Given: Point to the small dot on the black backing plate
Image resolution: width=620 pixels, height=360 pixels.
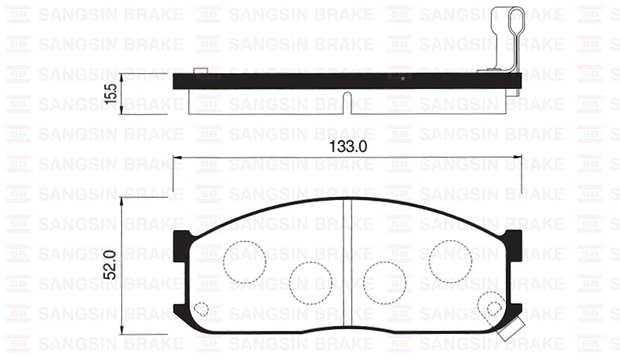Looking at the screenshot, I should [x=402, y=79].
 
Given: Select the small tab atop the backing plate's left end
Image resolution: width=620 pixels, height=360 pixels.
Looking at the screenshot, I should [x=199, y=71].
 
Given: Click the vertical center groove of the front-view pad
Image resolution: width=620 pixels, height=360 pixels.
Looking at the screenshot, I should [x=347, y=265].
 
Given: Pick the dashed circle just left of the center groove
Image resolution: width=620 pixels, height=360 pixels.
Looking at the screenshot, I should [x=311, y=282].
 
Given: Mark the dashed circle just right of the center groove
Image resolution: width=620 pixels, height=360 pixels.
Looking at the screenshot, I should [x=385, y=282].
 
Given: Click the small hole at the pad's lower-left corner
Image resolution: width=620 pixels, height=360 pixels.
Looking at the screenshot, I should [x=201, y=308].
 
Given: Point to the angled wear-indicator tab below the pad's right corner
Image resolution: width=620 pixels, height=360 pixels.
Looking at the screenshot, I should [x=509, y=330].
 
